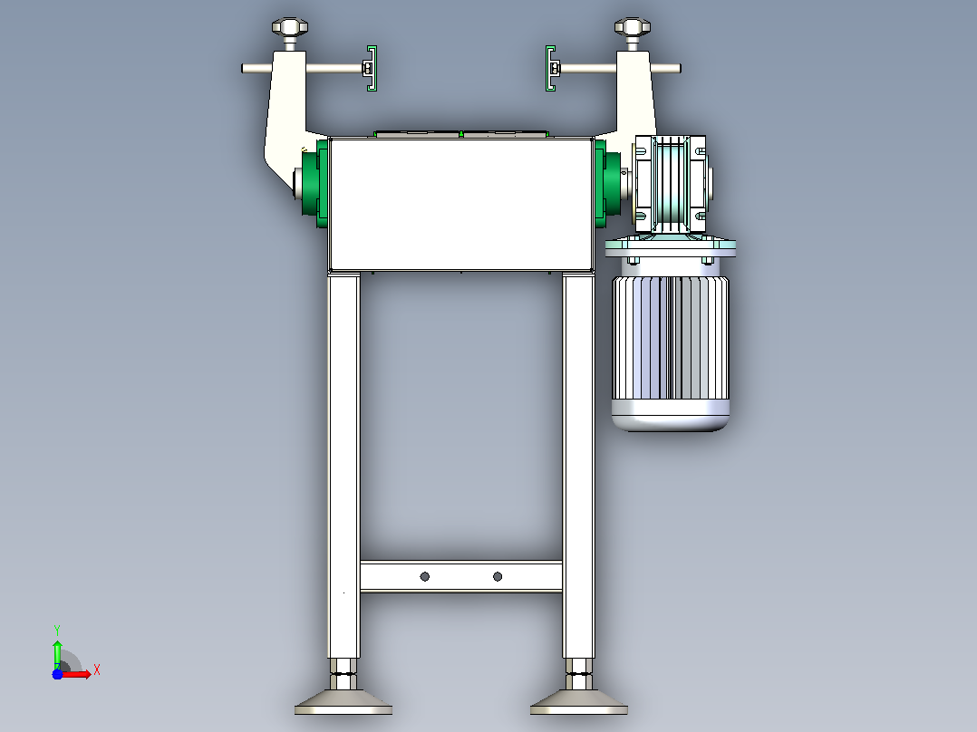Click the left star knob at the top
click(290, 27)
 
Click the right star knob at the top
click(633, 27)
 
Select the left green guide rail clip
click(372, 69)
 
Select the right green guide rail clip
click(550, 69)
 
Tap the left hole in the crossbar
click(425, 577)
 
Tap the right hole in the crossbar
click(498, 577)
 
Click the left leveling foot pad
click(343, 702)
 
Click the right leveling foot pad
click(579, 702)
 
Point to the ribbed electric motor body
click(671, 337)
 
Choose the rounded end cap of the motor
click(671, 416)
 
